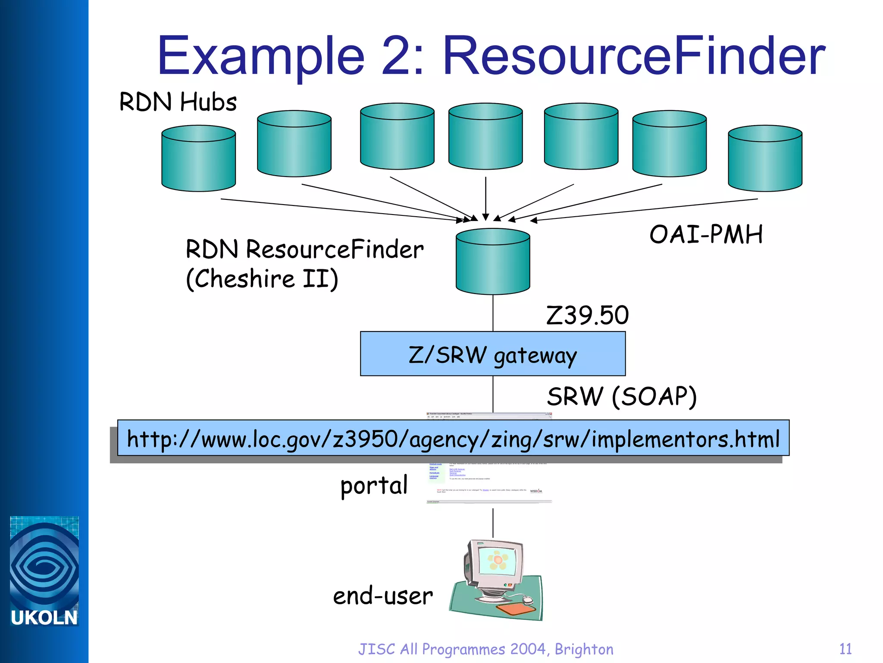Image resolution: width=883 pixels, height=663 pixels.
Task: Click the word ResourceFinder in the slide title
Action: point(634,56)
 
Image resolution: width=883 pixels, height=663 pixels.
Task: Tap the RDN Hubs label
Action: point(178,102)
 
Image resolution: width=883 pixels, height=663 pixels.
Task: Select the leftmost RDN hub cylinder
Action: point(198,158)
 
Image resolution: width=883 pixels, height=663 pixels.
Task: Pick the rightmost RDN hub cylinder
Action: point(765,158)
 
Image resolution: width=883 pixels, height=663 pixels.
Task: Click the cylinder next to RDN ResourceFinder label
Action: point(493,262)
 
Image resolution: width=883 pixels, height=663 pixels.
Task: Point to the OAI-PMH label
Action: point(706,234)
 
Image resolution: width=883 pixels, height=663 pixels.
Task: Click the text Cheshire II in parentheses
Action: point(262,278)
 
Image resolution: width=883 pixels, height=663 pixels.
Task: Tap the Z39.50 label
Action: point(587,315)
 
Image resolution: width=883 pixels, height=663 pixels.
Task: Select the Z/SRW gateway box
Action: point(493,354)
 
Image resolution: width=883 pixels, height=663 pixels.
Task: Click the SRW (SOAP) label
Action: point(621,396)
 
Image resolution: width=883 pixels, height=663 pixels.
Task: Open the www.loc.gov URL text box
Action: point(453,439)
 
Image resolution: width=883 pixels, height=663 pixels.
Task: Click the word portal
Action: point(374,486)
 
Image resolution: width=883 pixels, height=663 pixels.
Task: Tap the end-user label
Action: point(382,596)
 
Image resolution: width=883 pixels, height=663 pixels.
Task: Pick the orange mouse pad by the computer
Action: point(516,610)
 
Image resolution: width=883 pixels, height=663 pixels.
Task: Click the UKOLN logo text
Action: point(44,618)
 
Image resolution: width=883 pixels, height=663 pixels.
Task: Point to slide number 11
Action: point(845,649)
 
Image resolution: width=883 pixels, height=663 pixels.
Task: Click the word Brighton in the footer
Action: point(584,649)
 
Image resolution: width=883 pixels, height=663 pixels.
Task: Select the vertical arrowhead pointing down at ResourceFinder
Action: point(485,217)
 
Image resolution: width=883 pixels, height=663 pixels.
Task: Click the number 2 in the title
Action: point(397,56)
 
